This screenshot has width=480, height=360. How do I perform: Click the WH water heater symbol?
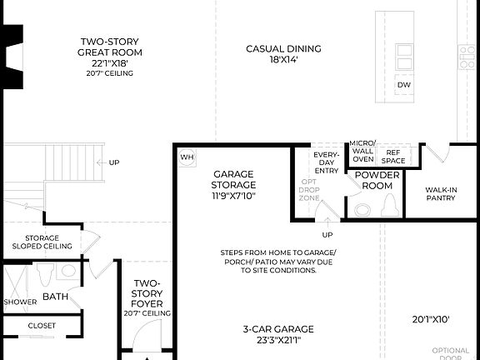tap(187, 156)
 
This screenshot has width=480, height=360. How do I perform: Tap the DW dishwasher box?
tap(404, 85)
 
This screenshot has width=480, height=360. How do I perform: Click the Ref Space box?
tap(393, 155)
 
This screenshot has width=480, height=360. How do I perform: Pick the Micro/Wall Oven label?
tap(362, 151)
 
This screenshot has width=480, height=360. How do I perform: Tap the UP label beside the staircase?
tap(114, 162)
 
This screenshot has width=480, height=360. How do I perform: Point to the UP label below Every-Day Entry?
tap(327, 234)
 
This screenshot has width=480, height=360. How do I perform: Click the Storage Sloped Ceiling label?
tap(41, 242)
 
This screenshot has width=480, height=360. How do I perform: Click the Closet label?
tap(42, 325)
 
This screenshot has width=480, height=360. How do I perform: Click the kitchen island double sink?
tap(403, 56)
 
